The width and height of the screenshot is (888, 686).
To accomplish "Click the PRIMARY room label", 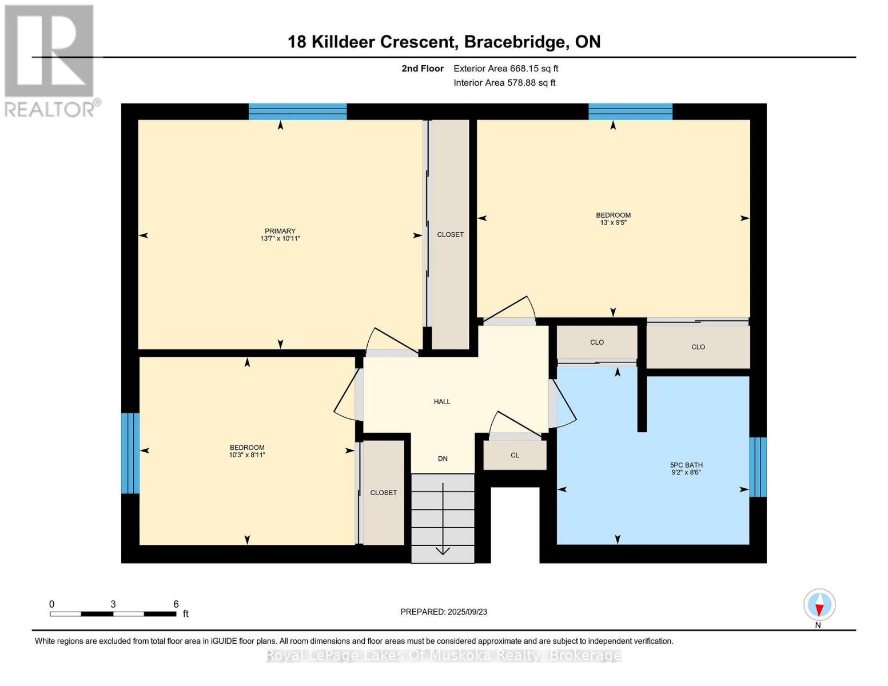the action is [x=280, y=231].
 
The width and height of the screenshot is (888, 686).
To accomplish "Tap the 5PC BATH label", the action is [x=686, y=465].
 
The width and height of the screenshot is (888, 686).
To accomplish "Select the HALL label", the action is [x=442, y=402].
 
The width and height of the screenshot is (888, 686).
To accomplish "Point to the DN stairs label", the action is [x=443, y=459].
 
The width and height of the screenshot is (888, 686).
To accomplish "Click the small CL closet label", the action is [x=515, y=455].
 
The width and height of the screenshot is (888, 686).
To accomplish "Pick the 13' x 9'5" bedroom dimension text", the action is [x=613, y=223].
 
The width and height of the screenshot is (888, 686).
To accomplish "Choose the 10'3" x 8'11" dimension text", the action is [x=247, y=454].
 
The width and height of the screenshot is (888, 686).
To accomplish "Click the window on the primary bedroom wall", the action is [x=297, y=111].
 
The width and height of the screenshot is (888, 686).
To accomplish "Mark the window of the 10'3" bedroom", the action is [x=130, y=453].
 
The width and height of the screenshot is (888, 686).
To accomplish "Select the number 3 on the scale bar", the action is [x=113, y=604].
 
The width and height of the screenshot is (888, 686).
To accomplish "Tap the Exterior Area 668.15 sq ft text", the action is [x=505, y=69].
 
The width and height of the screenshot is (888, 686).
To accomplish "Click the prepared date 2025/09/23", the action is [x=467, y=612].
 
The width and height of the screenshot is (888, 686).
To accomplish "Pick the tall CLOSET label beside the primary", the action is [x=450, y=234].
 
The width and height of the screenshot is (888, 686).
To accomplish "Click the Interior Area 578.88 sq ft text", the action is [x=504, y=83].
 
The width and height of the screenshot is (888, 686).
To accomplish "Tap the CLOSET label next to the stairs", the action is [x=383, y=493].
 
